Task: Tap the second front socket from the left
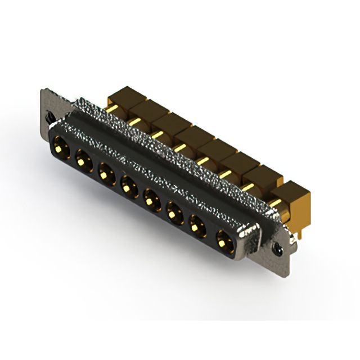pos(83,159)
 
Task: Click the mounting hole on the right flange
pos(277,246)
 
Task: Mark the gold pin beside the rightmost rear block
pos(275,201)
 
